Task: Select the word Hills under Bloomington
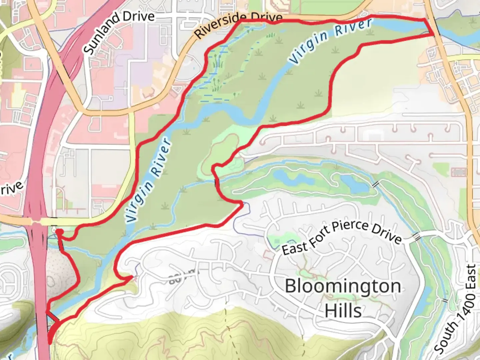click(343, 311)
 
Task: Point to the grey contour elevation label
click(182, 277)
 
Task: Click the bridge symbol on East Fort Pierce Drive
click(416, 236)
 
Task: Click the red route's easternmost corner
click(433, 34)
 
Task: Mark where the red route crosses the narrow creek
click(217, 183)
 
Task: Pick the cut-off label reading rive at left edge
click(12, 189)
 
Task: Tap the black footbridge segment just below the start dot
click(61, 245)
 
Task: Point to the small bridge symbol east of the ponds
click(376, 184)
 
